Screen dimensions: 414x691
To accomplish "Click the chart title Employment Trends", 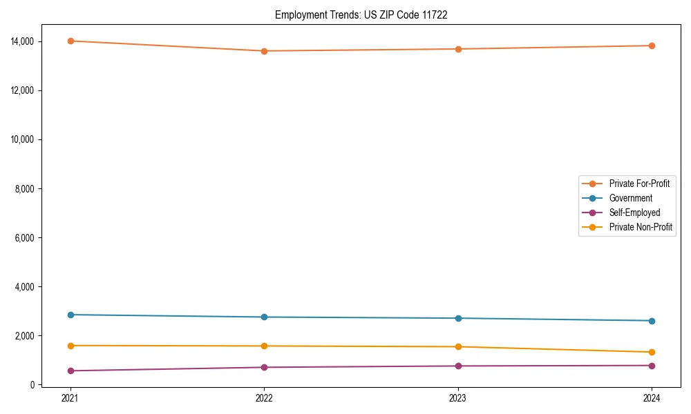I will click(361, 14).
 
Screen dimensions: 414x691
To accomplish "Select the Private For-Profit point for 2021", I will click(70, 41).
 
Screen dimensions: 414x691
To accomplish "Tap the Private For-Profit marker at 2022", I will click(264, 51).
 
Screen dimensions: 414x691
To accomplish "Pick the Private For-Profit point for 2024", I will click(652, 46).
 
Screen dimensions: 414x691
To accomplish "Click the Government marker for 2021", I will click(70, 315).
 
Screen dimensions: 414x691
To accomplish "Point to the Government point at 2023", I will click(457, 318).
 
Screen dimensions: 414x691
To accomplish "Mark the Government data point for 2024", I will click(652, 321).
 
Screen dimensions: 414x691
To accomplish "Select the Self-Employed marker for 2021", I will click(70, 371).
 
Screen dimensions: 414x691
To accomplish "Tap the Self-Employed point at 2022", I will click(264, 367).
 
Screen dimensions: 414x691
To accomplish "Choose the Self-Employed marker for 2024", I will click(652, 366).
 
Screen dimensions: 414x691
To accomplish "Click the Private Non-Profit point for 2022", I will click(264, 346).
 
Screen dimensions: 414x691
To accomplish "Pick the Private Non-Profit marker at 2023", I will click(457, 346).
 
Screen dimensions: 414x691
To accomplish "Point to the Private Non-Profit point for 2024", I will click(652, 352).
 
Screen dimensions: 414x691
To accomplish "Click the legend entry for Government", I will click(630, 198).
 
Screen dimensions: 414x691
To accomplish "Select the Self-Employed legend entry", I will click(634, 213).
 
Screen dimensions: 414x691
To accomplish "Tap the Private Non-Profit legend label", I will click(641, 227).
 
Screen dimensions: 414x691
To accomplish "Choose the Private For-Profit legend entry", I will click(639, 184).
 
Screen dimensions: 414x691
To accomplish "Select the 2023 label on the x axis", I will click(457, 397).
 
